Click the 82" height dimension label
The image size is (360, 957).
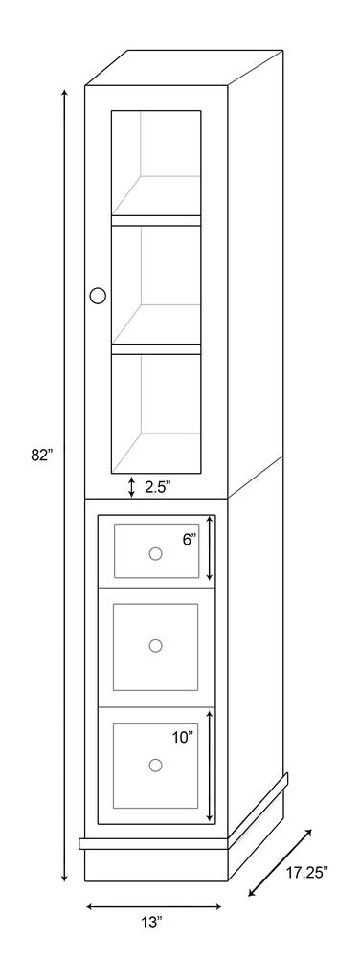42,455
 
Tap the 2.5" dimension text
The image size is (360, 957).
157,486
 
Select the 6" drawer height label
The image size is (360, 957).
190,539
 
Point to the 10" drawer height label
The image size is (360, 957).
183,737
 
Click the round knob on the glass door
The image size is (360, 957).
98,296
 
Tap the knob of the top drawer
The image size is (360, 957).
156,553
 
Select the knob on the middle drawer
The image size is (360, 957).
156,645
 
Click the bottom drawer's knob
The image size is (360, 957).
156,764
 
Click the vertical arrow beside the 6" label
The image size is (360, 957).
210,547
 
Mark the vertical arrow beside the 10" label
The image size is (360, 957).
210,766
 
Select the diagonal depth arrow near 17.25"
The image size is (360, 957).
281,862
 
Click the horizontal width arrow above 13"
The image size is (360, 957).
154,907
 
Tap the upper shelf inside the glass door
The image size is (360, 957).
156,220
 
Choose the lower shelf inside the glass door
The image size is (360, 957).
156,349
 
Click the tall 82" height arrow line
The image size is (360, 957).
64,484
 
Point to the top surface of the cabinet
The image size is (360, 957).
184,68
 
